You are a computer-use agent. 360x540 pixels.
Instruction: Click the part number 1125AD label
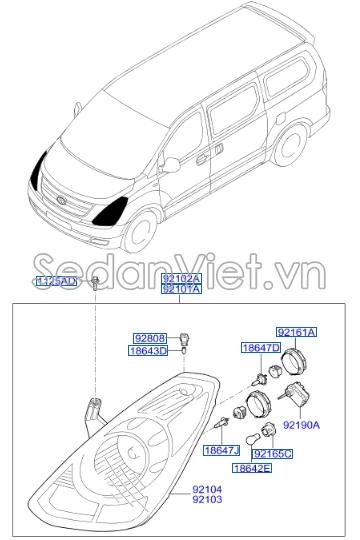tap(56, 282)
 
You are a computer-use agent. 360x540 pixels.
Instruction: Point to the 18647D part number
tap(259, 347)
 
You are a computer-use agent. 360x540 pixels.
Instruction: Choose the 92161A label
tap(296, 331)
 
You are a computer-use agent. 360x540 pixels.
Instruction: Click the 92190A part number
tap(301, 425)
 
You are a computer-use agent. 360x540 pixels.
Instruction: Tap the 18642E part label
tap(252, 467)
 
